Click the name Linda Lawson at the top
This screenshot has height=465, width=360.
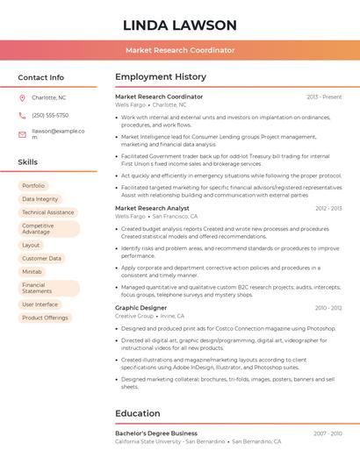[180, 25]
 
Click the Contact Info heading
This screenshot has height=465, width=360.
[40, 77]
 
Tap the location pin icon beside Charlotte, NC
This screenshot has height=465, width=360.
[22, 97]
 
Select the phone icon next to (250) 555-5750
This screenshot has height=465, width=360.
[22, 115]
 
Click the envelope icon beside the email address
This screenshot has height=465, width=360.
[22, 134]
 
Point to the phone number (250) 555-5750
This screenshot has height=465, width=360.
[50, 115]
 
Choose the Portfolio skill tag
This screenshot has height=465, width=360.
[33, 186]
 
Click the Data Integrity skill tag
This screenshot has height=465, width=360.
[40, 199]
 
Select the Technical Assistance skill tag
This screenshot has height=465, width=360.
[47, 212]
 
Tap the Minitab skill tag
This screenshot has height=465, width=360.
[32, 272]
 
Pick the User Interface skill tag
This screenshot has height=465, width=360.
[40, 304]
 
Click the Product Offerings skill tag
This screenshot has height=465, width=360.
[45, 318]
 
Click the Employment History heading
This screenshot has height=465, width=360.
[161, 77]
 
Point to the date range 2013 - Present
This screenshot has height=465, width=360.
[324, 97]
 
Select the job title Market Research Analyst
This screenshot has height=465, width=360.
[152, 208]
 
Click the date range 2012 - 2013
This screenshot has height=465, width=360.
[328, 208]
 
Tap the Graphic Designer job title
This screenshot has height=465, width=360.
[140, 308]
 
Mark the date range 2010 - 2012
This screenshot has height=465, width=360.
[328, 308]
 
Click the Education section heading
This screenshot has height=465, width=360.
[138, 413]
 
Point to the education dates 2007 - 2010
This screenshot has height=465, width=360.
[328, 433]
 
